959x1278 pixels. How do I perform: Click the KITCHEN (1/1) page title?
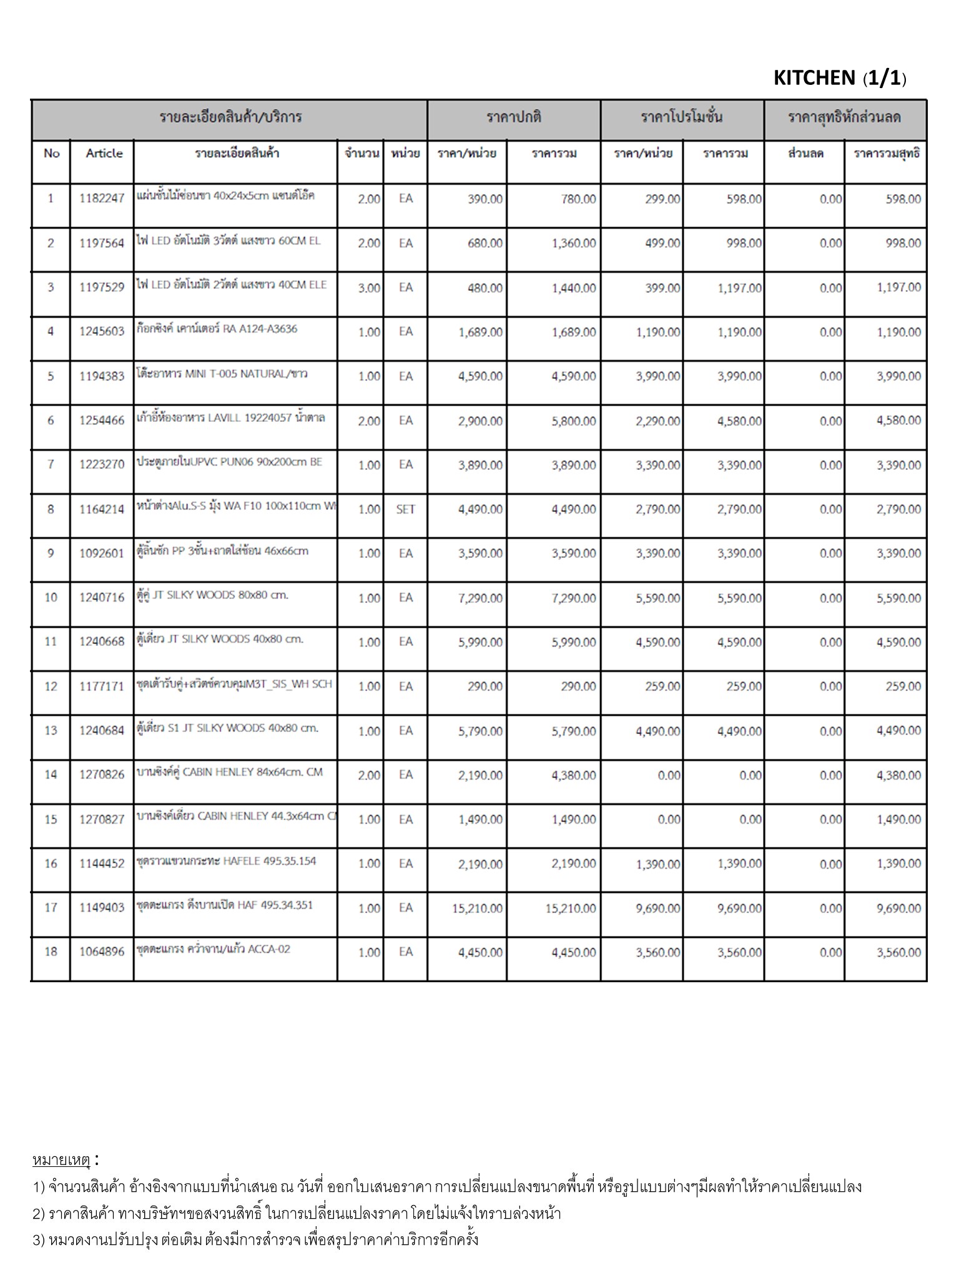click(839, 78)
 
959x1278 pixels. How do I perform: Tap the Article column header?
click(104, 154)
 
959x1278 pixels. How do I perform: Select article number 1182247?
click(102, 199)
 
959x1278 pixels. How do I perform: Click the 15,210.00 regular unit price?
click(477, 909)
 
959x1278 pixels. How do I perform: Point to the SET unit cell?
click(405, 509)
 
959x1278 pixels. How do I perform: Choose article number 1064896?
click(102, 952)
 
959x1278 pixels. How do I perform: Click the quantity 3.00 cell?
click(369, 288)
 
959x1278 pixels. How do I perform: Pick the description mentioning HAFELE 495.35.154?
click(226, 861)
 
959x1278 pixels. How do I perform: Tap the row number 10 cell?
click(51, 598)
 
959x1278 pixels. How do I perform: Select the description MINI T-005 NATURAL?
click(222, 374)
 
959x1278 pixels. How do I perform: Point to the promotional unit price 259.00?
click(662, 686)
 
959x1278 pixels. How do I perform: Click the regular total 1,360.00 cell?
click(573, 243)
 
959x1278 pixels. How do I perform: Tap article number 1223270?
click(102, 465)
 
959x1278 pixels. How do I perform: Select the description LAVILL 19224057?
click(230, 418)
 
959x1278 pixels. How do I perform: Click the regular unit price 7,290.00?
click(479, 598)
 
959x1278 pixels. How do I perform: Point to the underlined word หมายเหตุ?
click(61, 1160)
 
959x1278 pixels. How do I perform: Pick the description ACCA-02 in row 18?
click(213, 950)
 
